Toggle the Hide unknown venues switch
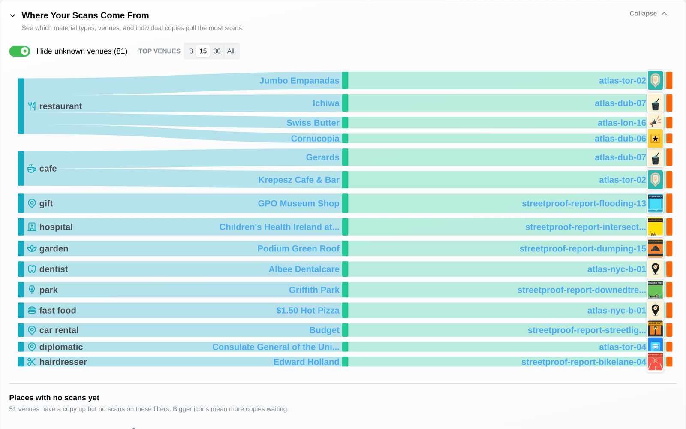20,51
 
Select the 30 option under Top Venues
217,51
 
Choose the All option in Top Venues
231,51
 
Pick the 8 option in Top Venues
191,51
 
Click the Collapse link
648,14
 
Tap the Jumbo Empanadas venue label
299,81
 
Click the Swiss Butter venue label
313,123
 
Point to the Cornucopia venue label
315,139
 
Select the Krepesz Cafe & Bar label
298,180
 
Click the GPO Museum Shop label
298,203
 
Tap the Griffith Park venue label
314,290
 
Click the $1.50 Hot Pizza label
307,311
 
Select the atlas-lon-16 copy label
621,123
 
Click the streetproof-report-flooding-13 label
584,203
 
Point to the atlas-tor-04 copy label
622,347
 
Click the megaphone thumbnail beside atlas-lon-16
656,122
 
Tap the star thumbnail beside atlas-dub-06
656,139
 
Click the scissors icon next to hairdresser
32,362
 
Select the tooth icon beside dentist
32,269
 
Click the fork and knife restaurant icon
32,106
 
